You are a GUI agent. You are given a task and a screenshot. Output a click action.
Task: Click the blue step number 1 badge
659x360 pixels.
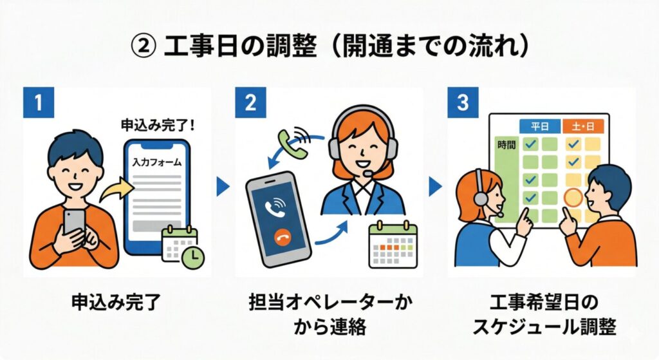[39, 104]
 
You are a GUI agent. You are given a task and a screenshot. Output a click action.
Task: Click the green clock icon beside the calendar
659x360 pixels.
[192, 258]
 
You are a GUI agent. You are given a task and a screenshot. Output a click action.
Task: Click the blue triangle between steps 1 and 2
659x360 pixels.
[223, 187]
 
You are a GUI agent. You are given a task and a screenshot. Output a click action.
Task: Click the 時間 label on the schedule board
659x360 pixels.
[506, 146]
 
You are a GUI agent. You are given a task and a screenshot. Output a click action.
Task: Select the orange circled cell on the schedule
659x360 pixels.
[573, 196]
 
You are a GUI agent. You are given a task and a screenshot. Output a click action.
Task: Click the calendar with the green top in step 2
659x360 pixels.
[393, 245]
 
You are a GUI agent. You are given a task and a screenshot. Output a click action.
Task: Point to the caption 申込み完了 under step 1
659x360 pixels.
[117, 301]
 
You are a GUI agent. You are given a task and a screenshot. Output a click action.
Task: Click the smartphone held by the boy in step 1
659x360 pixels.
[73, 221]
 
